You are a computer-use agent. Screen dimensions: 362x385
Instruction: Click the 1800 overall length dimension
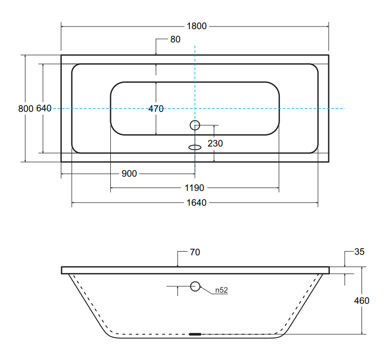(x=196, y=26)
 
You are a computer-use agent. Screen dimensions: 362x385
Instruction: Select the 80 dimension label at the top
(x=175, y=39)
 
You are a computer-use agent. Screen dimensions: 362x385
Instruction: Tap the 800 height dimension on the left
(x=26, y=108)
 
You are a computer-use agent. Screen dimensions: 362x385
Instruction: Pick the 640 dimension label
(x=44, y=108)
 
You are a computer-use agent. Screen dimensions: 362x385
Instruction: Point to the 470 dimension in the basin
(x=156, y=108)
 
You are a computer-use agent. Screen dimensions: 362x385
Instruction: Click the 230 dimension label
(x=215, y=143)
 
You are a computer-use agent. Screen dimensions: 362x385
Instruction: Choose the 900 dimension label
(x=129, y=174)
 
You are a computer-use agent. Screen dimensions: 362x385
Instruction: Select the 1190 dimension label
(x=195, y=188)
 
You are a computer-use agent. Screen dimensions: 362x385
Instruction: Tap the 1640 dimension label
(x=196, y=203)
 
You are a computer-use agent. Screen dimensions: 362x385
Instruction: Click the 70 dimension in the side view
(x=195, y=252)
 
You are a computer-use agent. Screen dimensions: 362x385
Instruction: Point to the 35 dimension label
(x=359, y=252)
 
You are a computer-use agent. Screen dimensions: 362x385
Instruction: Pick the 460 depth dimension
(x=362, y=301)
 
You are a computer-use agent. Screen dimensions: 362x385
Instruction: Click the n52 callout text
(x=221, y=291)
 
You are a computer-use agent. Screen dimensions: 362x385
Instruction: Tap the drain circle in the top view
(x=195, y=125)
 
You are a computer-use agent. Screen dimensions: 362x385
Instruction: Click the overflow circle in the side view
(x=195, y=286)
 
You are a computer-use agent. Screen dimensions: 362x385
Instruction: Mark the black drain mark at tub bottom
(x=195, y=334)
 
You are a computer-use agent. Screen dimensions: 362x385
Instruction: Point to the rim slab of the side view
(x=195, y=270)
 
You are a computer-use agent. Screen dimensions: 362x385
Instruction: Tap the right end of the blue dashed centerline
(x=344, y=108)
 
